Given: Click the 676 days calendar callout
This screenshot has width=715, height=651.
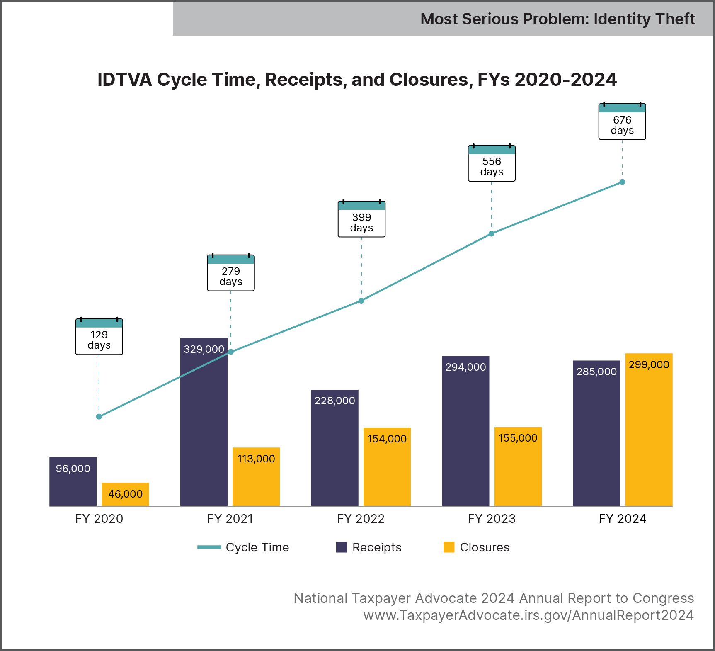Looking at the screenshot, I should [x=622, y=122].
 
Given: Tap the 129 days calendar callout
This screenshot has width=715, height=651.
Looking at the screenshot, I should [x=99, y=337].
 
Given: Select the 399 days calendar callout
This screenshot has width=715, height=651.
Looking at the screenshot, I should [x=361, y=219].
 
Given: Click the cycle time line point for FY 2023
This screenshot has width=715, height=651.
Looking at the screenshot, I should [x=492, y=234].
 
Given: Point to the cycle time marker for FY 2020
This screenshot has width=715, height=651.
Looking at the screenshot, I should [x=99, y=417].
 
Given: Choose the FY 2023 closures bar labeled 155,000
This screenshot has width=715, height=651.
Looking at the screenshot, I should [x=518, y=469].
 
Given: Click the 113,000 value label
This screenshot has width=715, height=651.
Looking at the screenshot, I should [x=256, y=459].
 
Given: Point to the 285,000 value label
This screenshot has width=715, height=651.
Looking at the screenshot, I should [x=596, y=372].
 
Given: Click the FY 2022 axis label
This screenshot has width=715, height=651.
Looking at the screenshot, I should [x=361, y=519].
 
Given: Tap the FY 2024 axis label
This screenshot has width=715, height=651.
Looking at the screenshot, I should [x=623, y=519].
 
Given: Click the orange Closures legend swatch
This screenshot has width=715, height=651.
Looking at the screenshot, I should [x=449, y=547].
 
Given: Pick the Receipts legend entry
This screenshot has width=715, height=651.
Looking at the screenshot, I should [x=368, y=547].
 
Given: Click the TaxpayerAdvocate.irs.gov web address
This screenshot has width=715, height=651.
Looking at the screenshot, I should [x=528, y=615].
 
